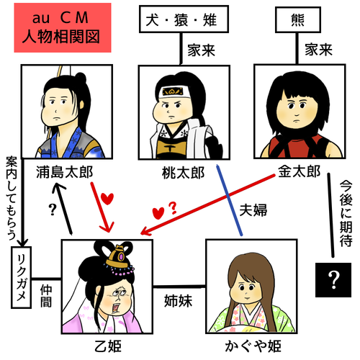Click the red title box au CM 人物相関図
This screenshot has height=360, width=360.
63,27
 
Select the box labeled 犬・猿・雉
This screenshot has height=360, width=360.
184,19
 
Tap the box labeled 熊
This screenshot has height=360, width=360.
298,19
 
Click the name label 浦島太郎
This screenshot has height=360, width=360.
64,172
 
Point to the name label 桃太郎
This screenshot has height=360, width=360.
183,173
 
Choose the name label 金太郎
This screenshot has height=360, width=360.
299,171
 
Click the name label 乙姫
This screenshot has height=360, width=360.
108,346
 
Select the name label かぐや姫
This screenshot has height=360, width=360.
253,346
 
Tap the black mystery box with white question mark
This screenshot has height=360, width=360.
333,280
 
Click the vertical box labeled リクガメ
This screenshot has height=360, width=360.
22,277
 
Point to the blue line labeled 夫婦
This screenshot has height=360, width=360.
230,200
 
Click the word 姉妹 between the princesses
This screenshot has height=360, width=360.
178,301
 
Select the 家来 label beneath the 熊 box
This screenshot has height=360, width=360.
318,50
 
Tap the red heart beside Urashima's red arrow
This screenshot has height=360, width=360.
107,199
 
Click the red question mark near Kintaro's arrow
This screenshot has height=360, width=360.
173,208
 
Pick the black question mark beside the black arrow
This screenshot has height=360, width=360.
53,210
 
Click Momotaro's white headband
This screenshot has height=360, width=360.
174,91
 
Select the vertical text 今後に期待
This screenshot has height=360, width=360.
346,213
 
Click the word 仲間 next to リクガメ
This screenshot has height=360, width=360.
46,296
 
